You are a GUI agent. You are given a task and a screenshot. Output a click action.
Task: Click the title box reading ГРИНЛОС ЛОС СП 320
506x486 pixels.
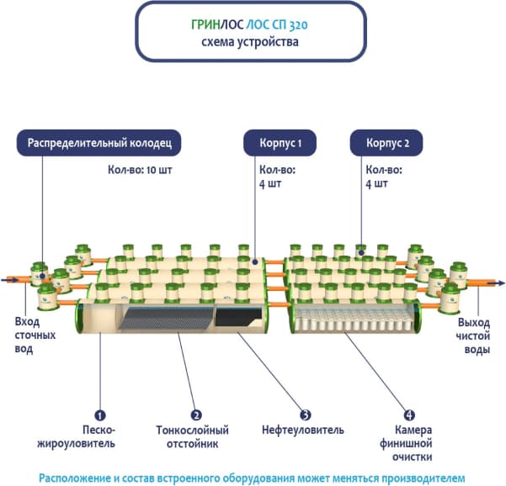251,31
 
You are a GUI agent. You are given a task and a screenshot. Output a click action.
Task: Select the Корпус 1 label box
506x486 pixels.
279,143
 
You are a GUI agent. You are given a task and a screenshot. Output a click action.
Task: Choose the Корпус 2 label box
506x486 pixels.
388,143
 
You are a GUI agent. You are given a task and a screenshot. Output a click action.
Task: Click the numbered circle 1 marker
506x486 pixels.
99,415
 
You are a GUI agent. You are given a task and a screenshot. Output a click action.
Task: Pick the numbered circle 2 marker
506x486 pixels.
196,415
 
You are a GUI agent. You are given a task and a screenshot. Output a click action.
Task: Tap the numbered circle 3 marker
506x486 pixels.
306,415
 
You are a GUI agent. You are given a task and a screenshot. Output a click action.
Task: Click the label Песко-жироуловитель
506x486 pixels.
93,437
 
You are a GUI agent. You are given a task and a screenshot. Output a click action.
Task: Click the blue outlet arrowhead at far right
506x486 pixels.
500,283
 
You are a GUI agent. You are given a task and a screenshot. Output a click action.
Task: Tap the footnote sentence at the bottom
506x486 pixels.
252,477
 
